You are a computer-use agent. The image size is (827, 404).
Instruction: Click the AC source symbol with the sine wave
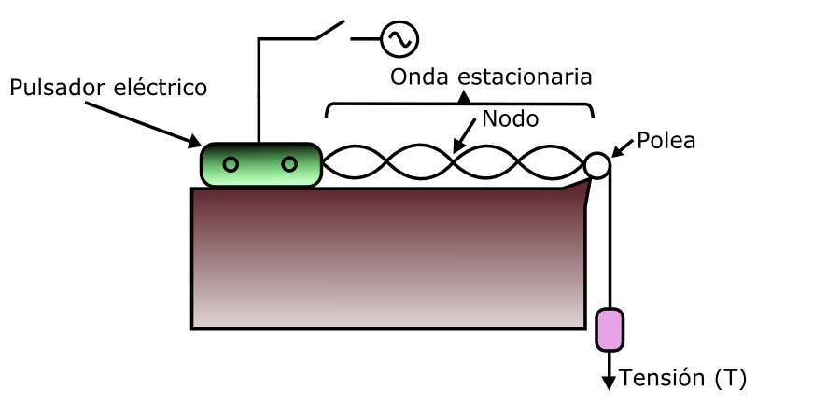[399, 38]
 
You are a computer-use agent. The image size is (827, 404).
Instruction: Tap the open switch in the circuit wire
[331, 30]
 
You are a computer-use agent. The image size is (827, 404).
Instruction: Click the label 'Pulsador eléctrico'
[108, 89]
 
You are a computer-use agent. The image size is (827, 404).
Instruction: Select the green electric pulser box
[260, 165]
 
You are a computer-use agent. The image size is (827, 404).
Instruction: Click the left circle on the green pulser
[231, 165]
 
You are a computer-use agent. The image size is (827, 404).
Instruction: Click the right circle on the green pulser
[289, 165]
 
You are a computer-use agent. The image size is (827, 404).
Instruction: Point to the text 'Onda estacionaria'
[492, 76]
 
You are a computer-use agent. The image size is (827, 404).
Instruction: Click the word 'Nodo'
[510, 118]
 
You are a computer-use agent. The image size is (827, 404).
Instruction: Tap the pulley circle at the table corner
[597, 166]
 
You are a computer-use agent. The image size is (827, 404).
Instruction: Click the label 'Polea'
[666, 142]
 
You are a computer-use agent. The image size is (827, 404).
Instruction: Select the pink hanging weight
[610, 329]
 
